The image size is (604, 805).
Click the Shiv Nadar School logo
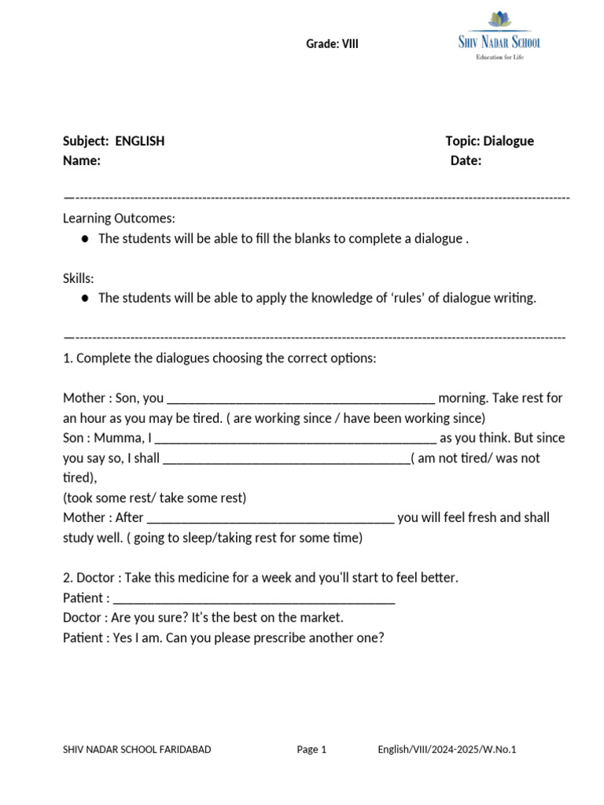point(499,35)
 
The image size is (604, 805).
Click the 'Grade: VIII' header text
point(332,44)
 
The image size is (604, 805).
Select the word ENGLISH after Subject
point(140,142)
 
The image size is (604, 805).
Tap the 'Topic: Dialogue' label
point(489,142)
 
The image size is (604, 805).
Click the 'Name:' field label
point(82,161)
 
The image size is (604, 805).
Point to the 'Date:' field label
point(466,161)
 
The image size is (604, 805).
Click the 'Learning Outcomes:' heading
point(120,218)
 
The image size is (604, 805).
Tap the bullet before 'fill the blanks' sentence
point(85,238)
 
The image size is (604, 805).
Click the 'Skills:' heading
point(79,278)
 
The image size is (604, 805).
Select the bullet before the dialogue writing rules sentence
point(85,299)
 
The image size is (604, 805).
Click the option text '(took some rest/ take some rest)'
point(155,498)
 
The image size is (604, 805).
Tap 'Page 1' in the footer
point(311,750)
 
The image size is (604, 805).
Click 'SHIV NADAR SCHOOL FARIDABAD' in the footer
point(137,750)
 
